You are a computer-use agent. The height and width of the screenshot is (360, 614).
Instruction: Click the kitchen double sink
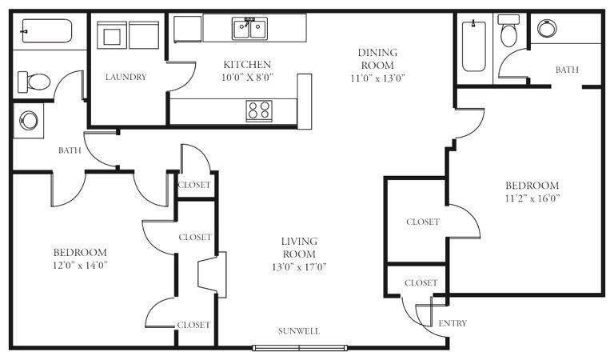[249, 28]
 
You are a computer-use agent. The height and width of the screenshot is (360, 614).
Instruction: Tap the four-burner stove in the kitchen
[259, 110]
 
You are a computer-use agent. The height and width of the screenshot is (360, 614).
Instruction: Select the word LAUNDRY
[126, 77]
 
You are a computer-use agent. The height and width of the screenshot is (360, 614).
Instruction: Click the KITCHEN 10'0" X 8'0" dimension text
[247, 77]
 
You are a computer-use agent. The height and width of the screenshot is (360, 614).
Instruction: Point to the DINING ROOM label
[377, 58]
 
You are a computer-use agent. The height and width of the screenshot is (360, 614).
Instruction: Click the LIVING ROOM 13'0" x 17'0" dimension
[299, 267]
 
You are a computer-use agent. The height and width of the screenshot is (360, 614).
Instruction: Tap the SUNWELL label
[299, 331]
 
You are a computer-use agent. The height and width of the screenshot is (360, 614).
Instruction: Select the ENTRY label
[453, 323]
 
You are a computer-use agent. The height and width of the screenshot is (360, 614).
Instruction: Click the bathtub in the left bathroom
[47, 31]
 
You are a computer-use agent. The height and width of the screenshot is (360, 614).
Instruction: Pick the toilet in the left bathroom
[34, 82]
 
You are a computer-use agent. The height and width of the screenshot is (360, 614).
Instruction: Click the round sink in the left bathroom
[29, 120]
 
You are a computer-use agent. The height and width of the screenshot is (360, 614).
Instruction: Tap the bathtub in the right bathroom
[474, 46]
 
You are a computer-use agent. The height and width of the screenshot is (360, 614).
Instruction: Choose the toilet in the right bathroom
[509, 30]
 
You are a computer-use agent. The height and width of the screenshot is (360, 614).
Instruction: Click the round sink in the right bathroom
[547, 28]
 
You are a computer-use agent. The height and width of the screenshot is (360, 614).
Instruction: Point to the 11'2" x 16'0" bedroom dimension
[532, 198]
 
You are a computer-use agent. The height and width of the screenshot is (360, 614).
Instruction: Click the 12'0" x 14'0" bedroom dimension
[80, 266]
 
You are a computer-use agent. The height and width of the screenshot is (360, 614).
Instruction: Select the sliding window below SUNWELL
[300, 348]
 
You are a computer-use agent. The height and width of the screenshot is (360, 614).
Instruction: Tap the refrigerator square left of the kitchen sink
[187, 29]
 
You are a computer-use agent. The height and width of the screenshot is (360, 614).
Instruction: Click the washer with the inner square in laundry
[112, 35]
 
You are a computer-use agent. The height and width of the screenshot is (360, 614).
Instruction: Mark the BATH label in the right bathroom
[567, 70]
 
